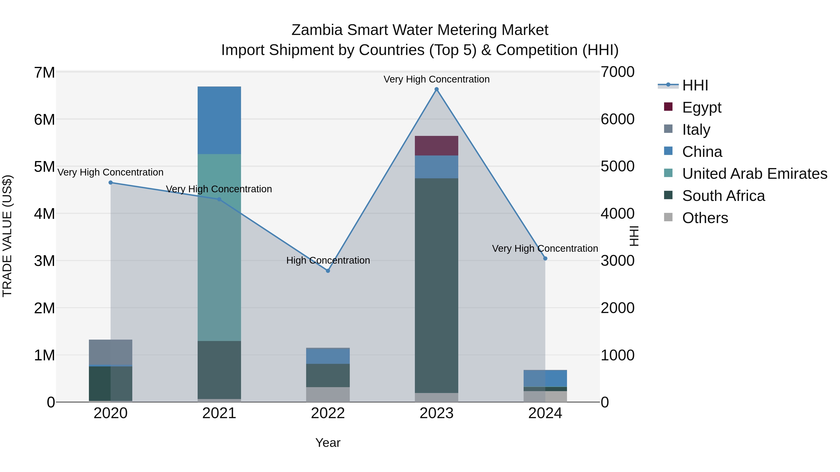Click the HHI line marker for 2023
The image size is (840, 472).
coord(437,89)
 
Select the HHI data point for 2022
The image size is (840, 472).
coord(328,271)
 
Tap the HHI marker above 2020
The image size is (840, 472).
coord(111,183)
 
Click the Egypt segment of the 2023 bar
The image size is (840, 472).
coord(437,146)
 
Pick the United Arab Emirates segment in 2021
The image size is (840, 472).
coord(219,248)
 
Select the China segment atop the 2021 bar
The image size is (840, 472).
coord(219,120)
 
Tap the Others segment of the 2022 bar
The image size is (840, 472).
coord(328,394)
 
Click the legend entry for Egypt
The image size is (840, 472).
coord(701,107)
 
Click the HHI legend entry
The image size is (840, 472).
coord(695,85)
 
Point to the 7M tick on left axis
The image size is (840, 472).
coord(44,72)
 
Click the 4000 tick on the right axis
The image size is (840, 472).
coord(617,214)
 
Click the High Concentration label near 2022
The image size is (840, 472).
coord(328,260)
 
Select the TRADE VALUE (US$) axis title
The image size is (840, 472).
coord(7,236)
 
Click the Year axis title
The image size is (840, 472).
coord(328,443)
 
